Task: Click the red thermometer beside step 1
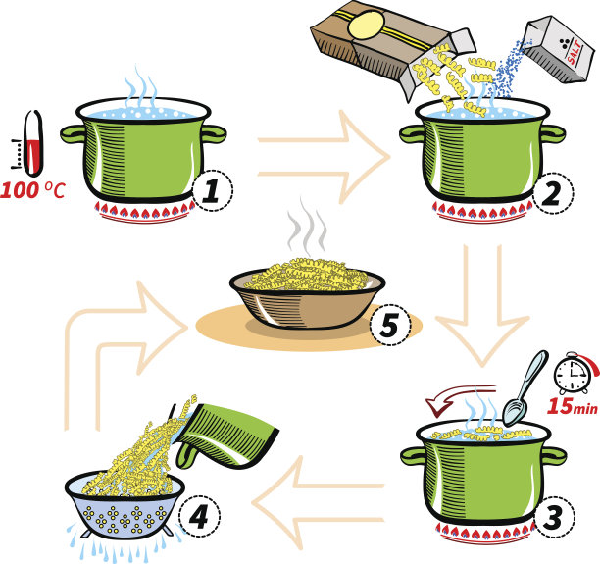pyautogui.click(x=33, y=143)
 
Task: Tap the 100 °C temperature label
pyautogui.click(x=33, y=190)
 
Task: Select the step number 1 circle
pyautogui.click(x=213, y=190)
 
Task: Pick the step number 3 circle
pyautogui.click(x=555, y=517)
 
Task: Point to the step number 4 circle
pyautogui.click(x=200, y=516)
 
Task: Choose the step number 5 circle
pyautogui.click(x=390, y=325)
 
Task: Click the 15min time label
pyautogui.click(x=573, y=407)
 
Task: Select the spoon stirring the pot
pyautogui.click(x=525, y=387)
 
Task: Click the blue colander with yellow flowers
pyautogui.click(x=125, y=504)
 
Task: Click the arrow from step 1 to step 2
pyautogui.click(x=324, y=157)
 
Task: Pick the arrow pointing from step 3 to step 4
pyautogui.click(x=319, y=503)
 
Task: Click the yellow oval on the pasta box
pyautogui.click(x=367, y=25)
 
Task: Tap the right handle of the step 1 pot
pyautogui.click(x=214, y=133)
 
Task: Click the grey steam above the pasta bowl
pyautogui.click(x=307, y=228)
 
